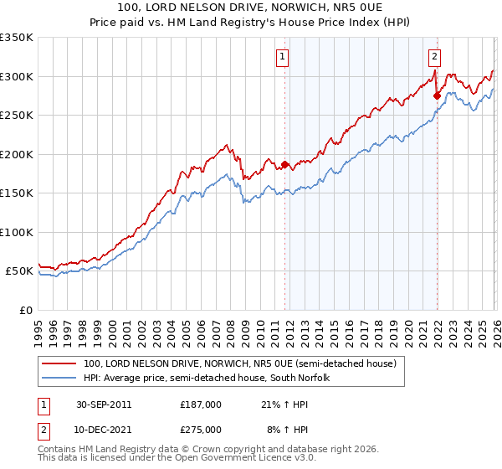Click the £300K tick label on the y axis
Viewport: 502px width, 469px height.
tap(17, 76)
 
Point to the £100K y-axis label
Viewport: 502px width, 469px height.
tap(17, 232)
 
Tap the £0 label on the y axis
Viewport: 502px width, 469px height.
tap(25, 310)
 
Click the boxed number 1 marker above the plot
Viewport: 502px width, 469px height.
tap(284, 57)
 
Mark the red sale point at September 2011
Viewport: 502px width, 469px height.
tap(284, 165)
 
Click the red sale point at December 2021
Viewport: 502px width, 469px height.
tap(437, 96)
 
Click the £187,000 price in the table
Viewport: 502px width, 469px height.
tap(201, 404)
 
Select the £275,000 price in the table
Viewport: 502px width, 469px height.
tap(201, 429)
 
